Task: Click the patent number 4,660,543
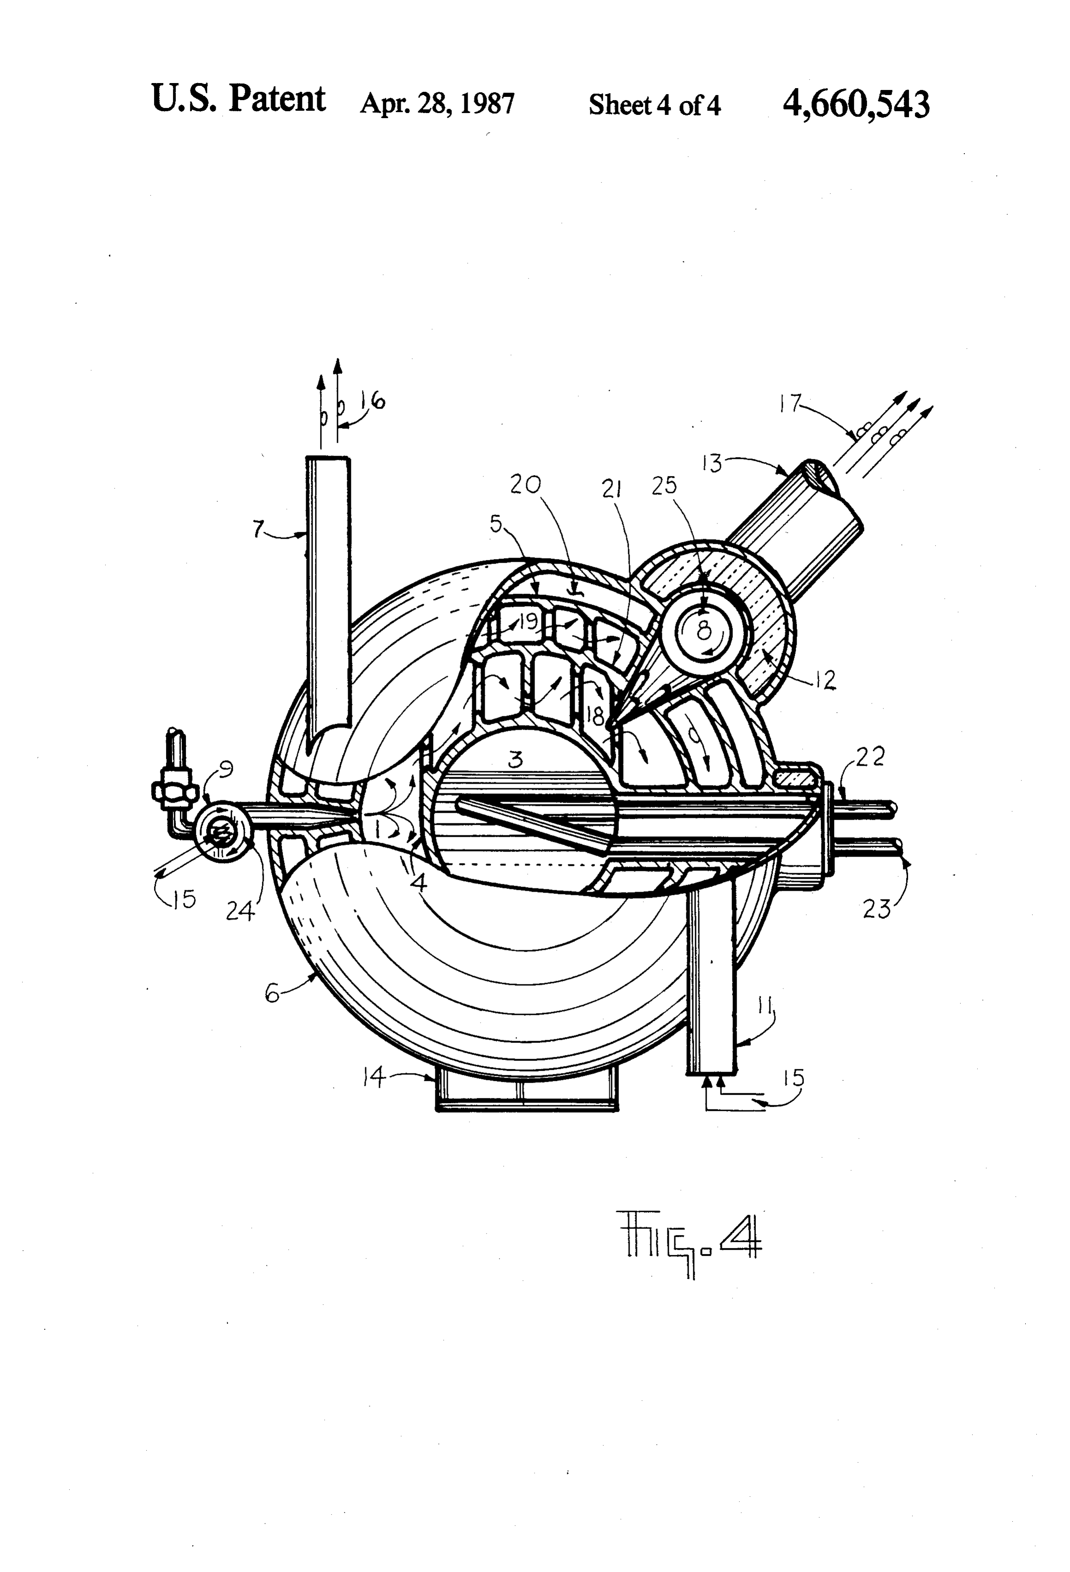coord(856,105)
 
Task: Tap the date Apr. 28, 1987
coord(437,103)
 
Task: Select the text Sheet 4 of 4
coord(654,105)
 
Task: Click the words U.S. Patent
coord(238,100)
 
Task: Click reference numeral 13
coord(712,464)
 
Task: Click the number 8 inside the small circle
coord(704,631)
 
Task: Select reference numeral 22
coord(870,757)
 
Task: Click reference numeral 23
coord(877,908)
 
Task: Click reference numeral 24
coord(240,912)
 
